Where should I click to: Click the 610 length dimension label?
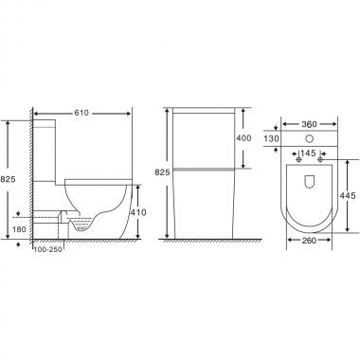pos(81,113)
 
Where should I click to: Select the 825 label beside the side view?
pos(8,179)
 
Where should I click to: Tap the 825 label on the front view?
pos(162,172)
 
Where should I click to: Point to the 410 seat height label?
pos(138,212)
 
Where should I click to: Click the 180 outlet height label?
pos(19,229)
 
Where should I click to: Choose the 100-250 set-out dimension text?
pos(48,249)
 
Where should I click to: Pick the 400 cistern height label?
pos(243,138)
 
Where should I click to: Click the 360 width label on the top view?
pos(309,124)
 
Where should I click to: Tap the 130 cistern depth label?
pos(271,138)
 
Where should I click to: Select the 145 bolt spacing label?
pos(308,153)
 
